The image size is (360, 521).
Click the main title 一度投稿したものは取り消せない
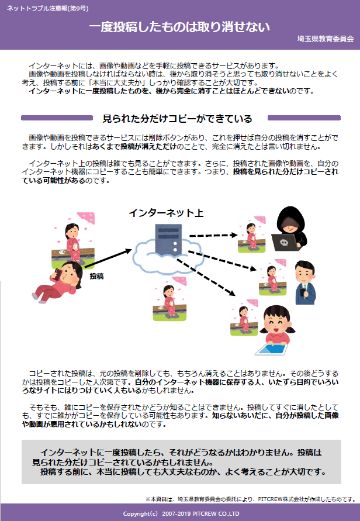pos(179,27)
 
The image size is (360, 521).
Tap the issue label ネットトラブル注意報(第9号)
pos(47,8)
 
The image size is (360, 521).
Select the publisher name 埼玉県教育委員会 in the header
pos(326,39)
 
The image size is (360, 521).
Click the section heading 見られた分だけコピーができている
pos(177,119)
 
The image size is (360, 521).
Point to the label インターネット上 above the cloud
pos(166,213)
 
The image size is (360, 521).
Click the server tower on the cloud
pos(168,239)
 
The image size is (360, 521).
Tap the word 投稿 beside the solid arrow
pos(96,276)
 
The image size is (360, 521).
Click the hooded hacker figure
pos(290,229)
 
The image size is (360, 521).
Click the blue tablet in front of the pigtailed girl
pos(271,350)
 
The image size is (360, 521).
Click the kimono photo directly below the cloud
pos(169,299)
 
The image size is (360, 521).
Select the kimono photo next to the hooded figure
pos(251,234)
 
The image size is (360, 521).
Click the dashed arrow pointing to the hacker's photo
pos(213,236)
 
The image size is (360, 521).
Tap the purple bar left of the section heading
pos(57,118)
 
